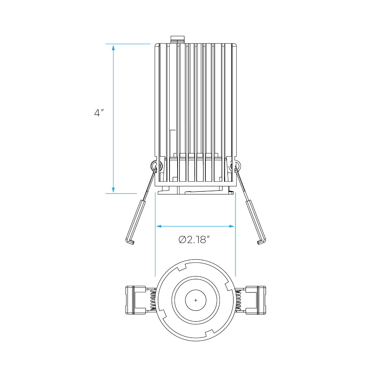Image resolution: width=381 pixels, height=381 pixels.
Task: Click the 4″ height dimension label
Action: coord(99,113)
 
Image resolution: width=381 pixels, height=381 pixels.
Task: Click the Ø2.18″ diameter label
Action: coord(194,240)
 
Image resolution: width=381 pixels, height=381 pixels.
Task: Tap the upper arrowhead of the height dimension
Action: coord(113,48)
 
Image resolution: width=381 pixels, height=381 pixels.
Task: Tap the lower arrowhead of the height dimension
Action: coord(113,190)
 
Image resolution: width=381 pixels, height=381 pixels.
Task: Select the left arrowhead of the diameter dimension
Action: coord(158,226)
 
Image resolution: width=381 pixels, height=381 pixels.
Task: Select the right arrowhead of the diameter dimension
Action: coord(232,226)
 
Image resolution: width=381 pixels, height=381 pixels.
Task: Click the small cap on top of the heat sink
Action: coord(178,40)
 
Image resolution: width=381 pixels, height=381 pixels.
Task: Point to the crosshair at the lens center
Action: coord(196,300)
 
